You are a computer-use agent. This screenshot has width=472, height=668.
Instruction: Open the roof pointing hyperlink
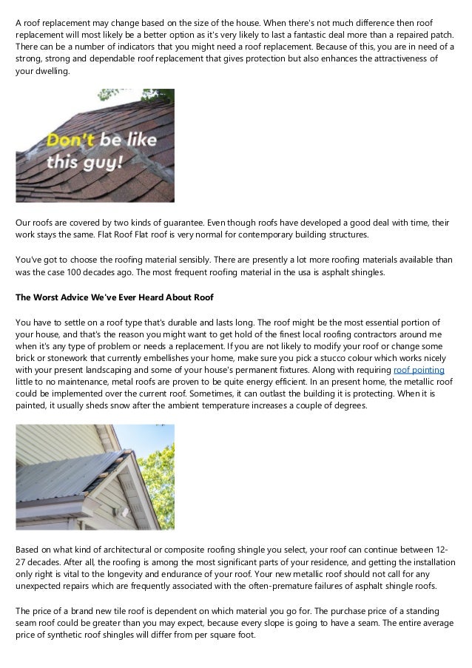click(419, 369)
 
